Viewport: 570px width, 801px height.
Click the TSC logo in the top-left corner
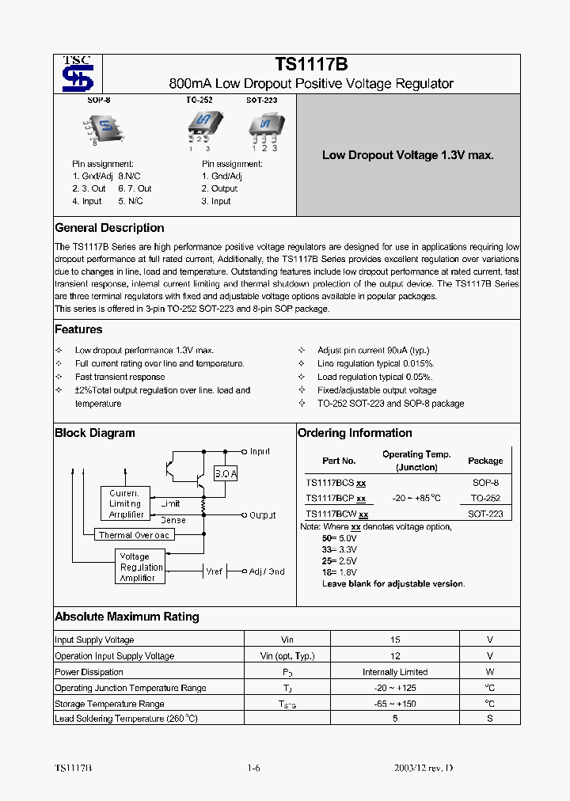(78, 74)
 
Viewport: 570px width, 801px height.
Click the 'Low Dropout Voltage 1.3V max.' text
(408, 155)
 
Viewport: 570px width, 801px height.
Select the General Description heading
(109, 228)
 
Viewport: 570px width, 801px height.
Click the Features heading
(78, 329)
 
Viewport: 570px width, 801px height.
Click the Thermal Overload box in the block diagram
(134, 535)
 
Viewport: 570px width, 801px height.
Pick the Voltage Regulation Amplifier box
(141, 568)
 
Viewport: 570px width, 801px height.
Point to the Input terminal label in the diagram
(260, 451)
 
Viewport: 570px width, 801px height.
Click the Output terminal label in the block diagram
(262, 515)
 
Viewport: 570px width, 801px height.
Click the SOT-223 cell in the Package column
(484, 514)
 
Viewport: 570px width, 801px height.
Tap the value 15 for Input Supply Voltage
(395, 640)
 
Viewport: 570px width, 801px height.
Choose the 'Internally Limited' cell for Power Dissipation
(395, 672)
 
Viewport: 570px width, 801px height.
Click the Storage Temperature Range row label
(109, 704)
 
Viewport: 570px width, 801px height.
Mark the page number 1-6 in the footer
(253, 769)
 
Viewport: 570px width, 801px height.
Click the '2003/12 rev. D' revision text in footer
(424, 769)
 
